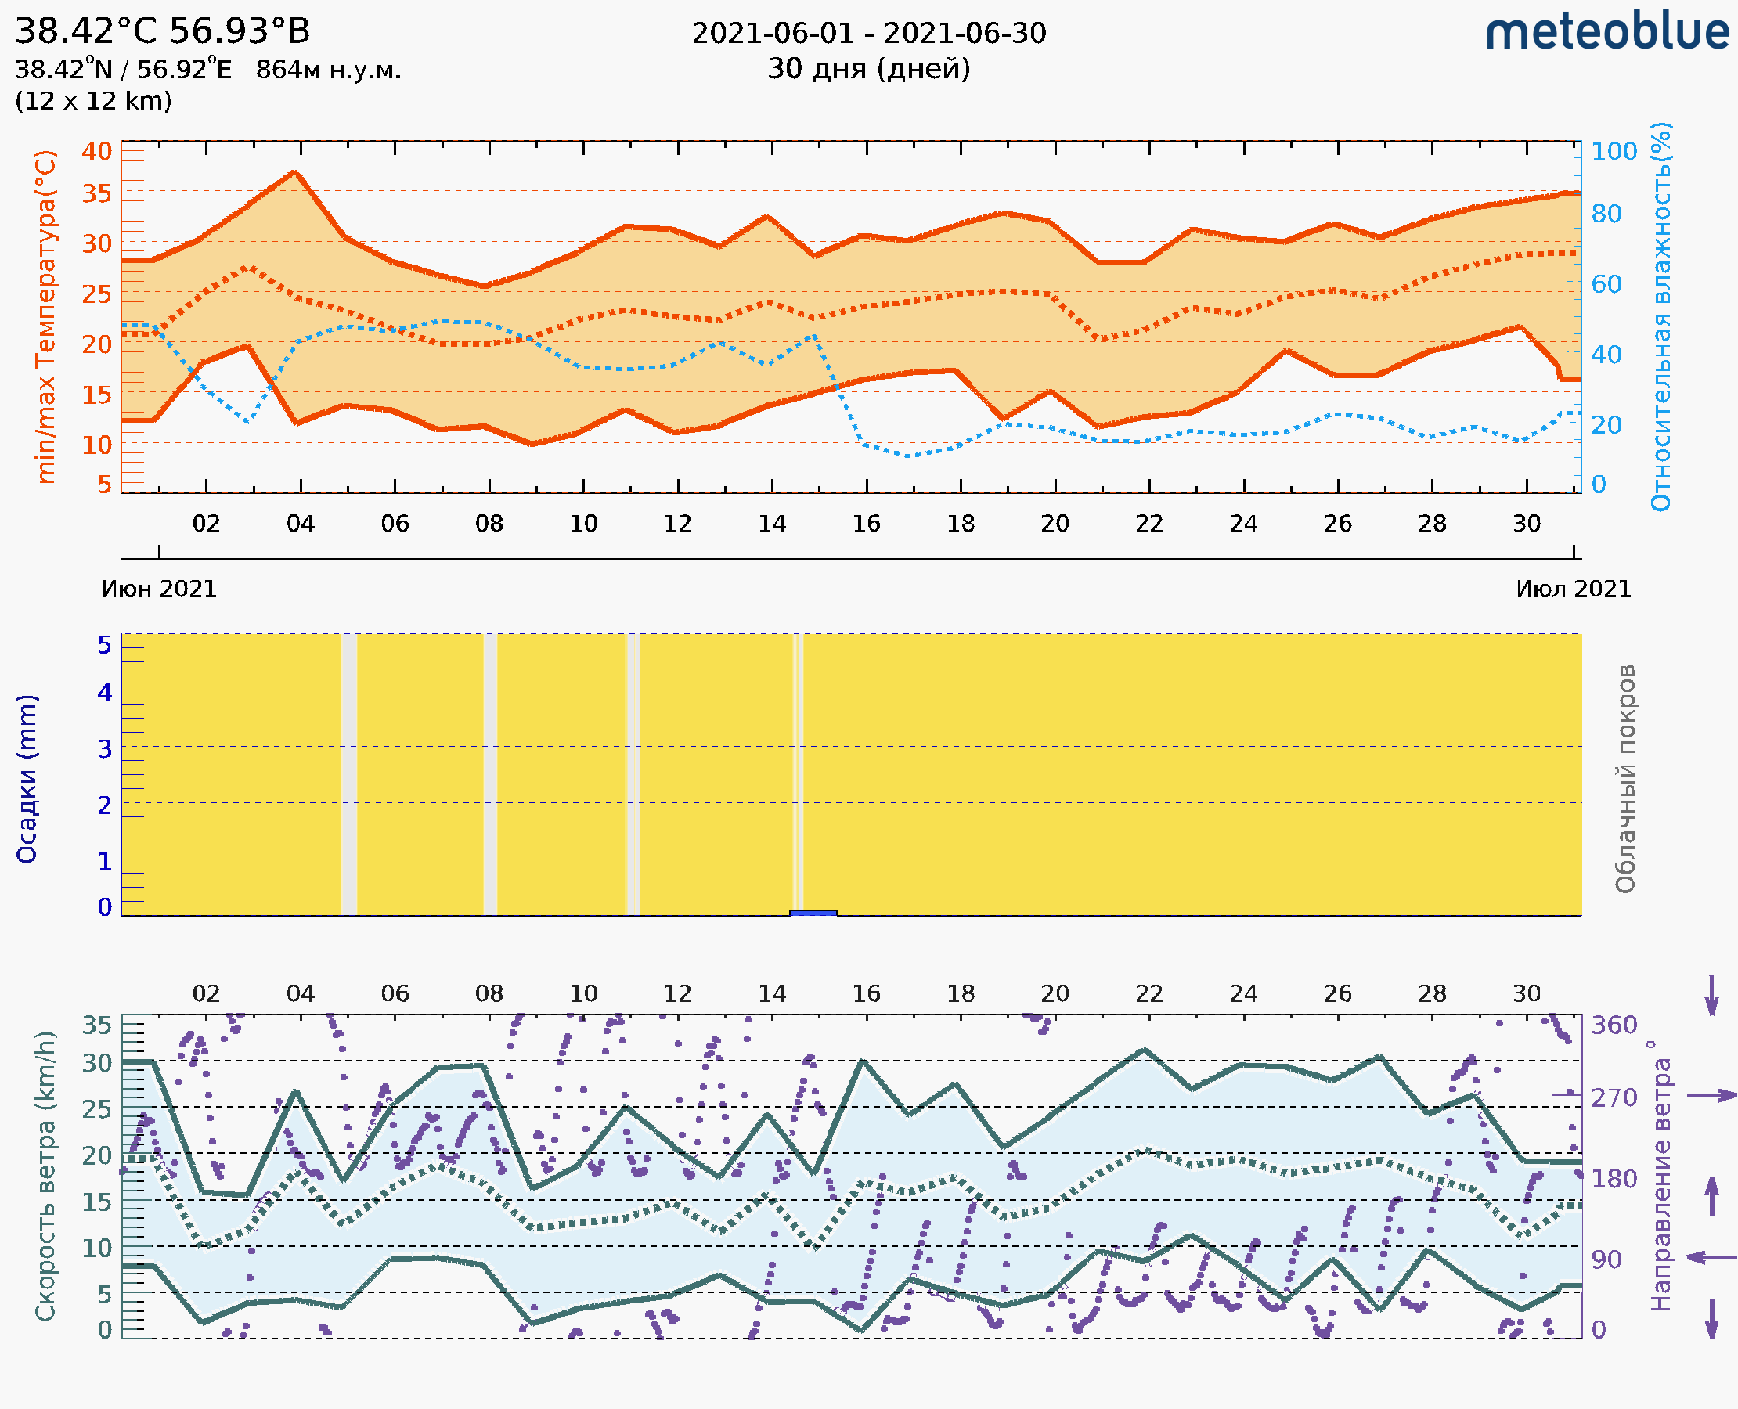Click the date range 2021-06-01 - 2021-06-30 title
click(x=868, y=34)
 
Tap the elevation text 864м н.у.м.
click(x=328, y=70)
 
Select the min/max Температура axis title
click(x=46, y=316)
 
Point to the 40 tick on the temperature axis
click(x=96, y=151)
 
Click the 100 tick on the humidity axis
click(x=1614, y=151)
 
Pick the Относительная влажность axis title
click(x=1660, y=316)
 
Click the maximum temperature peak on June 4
click(x=295, y=172)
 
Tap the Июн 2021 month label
click(x=159, y=589)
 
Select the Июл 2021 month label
click(x=1574, y=589)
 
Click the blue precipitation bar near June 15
click(x=813, y=913)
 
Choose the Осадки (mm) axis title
click(x=27, y=779)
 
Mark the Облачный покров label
click(x=1625, y=779)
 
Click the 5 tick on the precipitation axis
click(x=105, y=645)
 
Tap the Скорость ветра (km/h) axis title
click(x=45, y=1177)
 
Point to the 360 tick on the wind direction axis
click(x=1614, y=1025)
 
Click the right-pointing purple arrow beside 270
click(x=1711, y=1096)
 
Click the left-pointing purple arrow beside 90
click(x=1711, y=1258)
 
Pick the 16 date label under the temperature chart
click(x=866, y=524)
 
